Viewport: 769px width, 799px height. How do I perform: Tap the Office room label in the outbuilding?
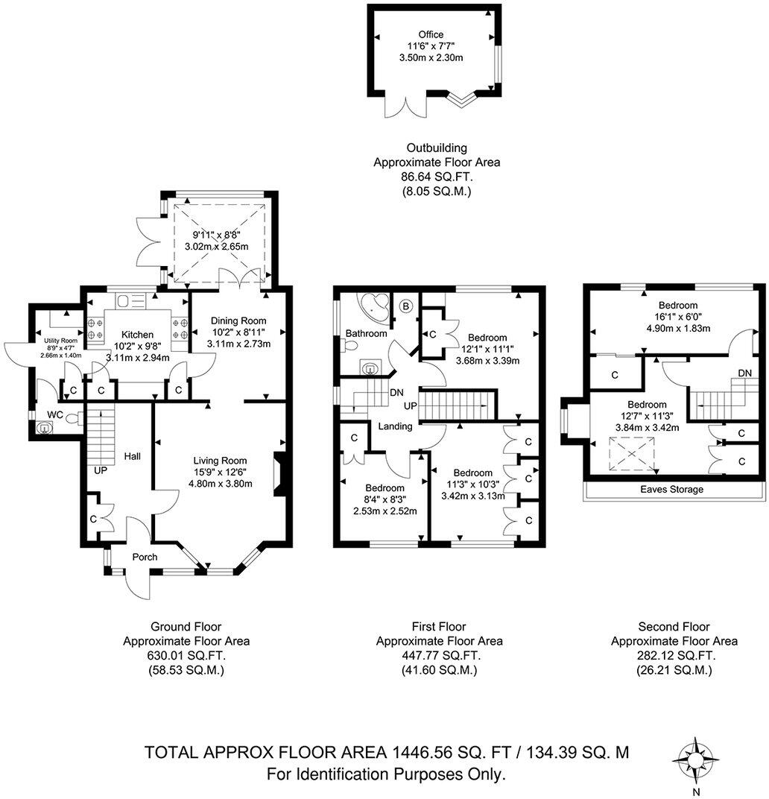pos(430,34)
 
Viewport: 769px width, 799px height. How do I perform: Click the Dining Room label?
pos(238,320)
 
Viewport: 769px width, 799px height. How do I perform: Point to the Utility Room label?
pos(57,341)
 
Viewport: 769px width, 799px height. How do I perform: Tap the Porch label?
pos(145,557)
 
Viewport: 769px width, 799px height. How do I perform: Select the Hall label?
pos(133,455)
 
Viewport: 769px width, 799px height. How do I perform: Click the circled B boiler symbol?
pos(406,305)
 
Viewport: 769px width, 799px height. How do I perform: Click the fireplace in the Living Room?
pos(279,474)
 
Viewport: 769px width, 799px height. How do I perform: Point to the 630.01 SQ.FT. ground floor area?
pos(186,655)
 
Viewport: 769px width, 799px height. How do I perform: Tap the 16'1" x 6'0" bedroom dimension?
pos(677,316)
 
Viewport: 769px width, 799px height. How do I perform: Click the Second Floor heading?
pos(674,627)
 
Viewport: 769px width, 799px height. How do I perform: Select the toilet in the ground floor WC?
pos(73,419)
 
